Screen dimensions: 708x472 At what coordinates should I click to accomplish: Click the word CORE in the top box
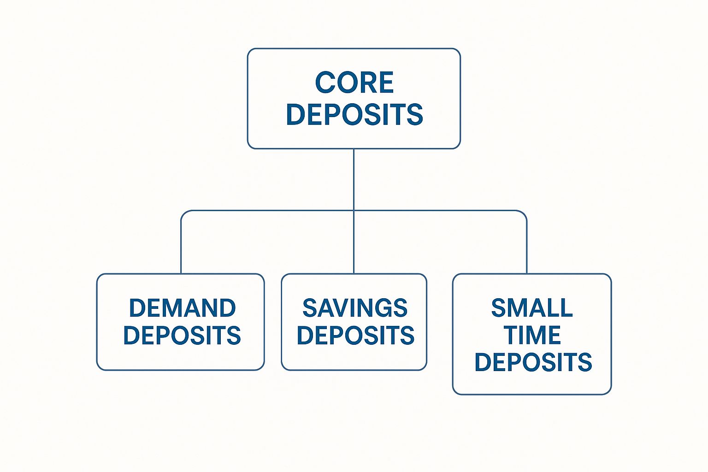[354, 83]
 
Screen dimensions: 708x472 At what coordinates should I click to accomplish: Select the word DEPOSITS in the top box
[354, 114]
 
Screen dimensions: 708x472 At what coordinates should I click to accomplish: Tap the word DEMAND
[183, 308]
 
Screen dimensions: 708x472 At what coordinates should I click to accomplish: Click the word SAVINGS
[355, 308]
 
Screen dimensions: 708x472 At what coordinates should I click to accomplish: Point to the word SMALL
[532, 308]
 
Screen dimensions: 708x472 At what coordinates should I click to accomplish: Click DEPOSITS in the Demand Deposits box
[182, 335]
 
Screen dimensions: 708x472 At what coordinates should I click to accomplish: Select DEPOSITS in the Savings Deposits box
[355, 335]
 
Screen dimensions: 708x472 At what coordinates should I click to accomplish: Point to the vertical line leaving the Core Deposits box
[354, 179]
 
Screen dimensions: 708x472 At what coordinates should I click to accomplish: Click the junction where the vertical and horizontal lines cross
[354, 211]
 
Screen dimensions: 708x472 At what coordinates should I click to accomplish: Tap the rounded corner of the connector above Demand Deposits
[183, 213]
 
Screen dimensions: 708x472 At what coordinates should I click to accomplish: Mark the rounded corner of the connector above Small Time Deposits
[524, 213]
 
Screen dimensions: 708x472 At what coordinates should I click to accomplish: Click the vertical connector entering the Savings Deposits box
[354, 242]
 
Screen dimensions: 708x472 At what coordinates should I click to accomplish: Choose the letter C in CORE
[324, 83]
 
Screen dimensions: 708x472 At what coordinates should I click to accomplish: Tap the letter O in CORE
[346, 83]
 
